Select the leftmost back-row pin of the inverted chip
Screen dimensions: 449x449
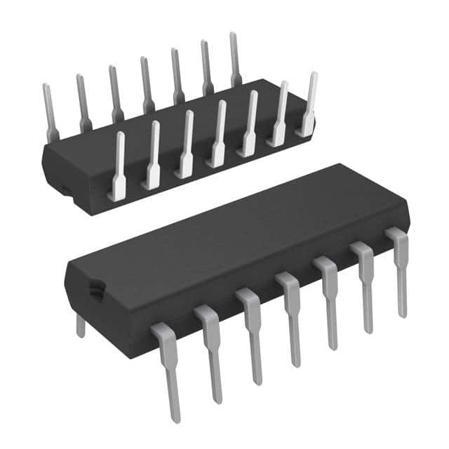pos(48,112)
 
